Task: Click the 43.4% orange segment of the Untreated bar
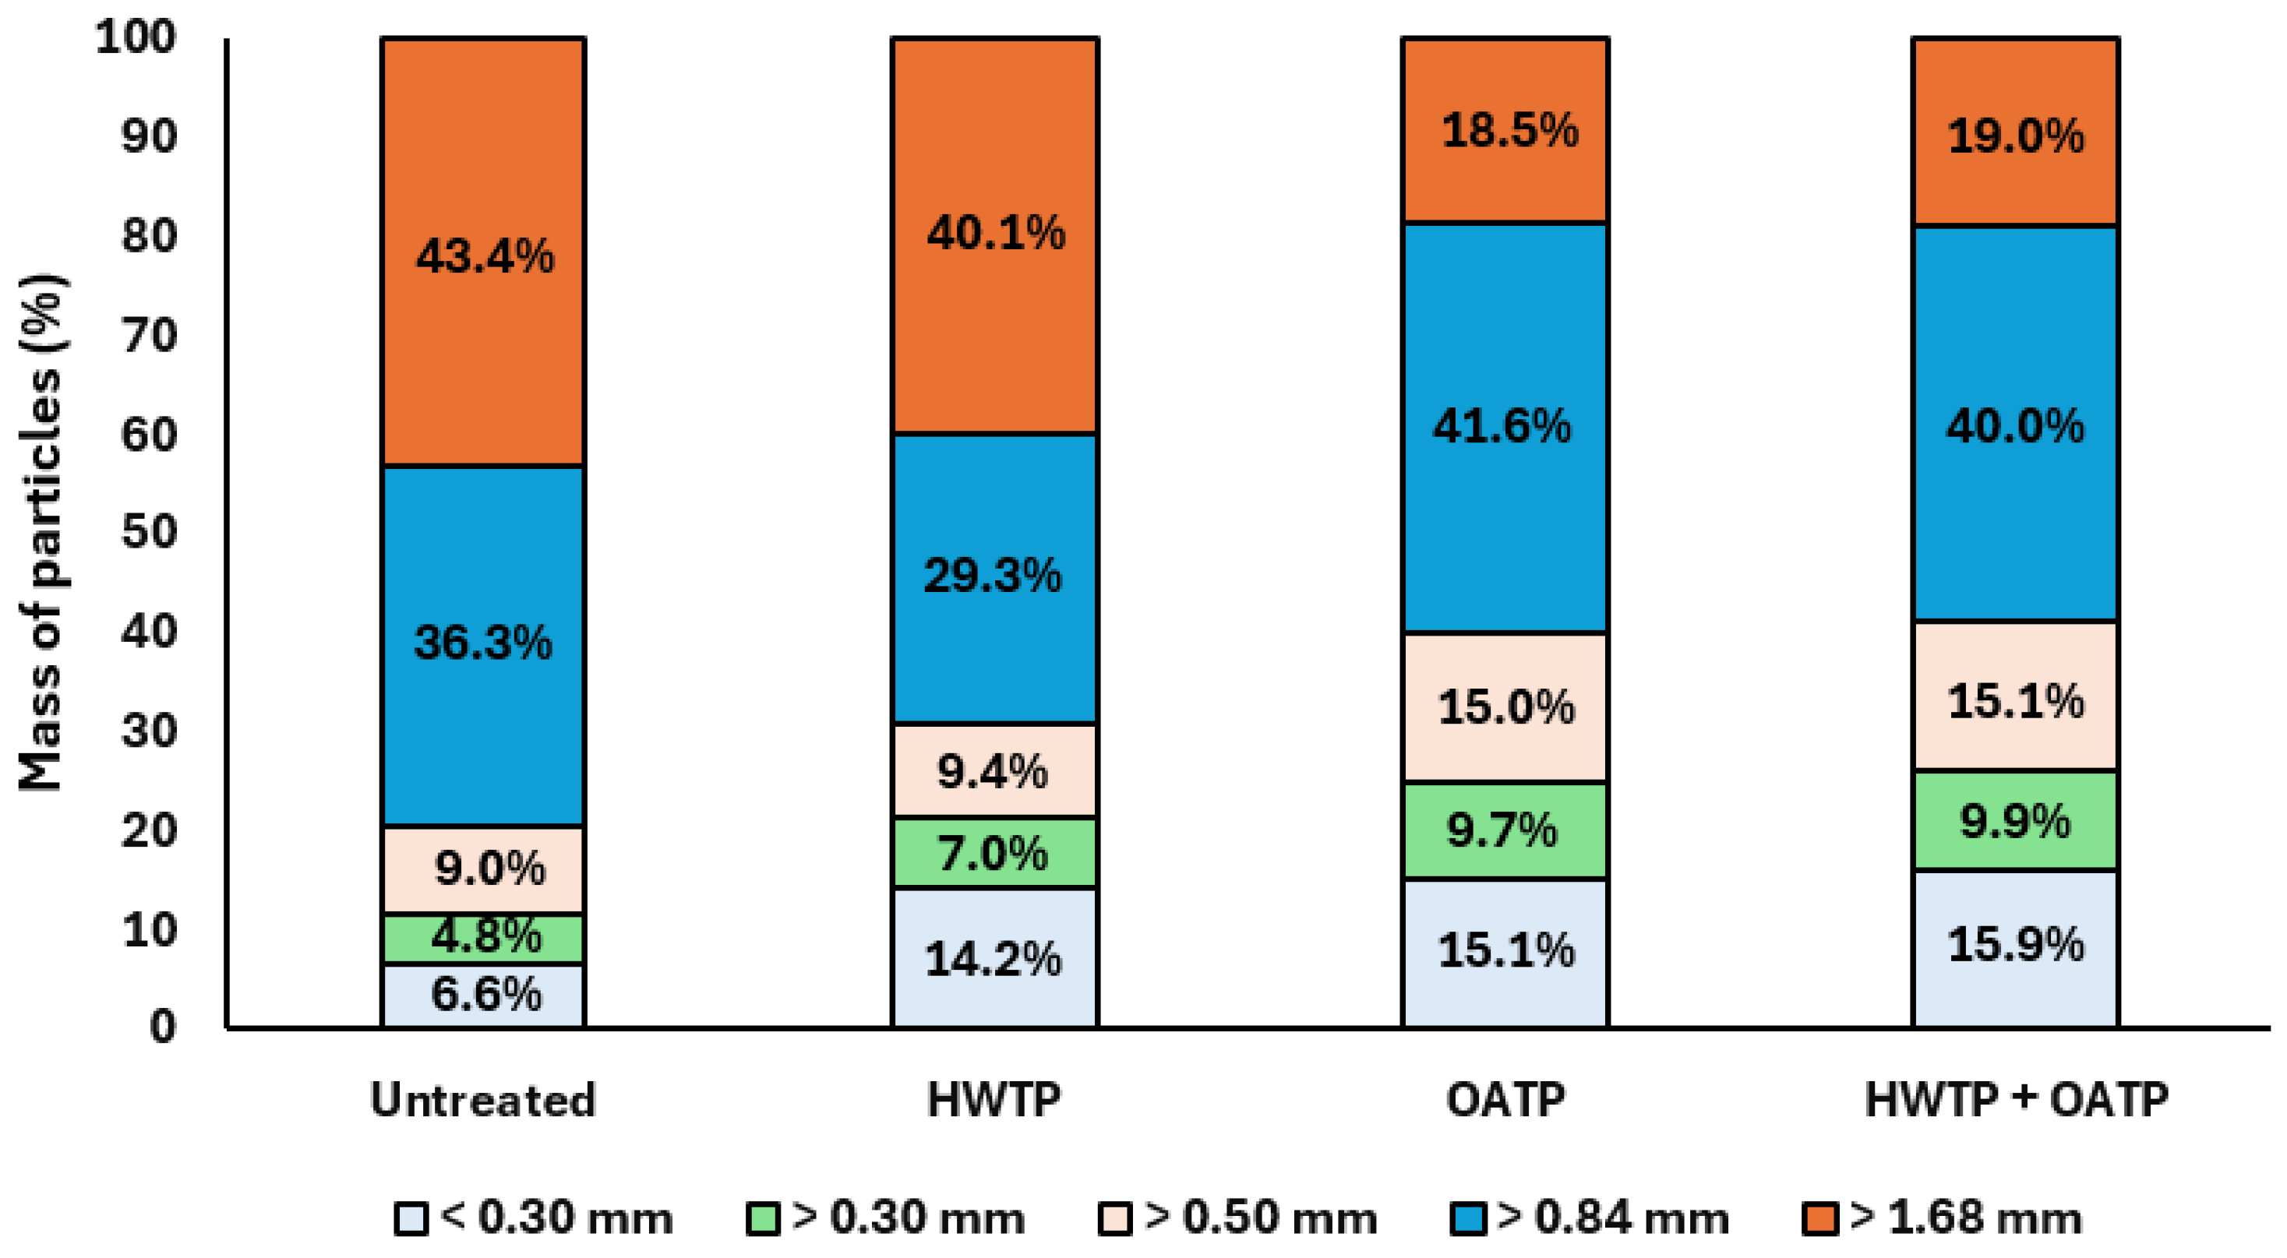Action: [483, 252]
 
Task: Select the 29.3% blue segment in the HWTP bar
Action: [994, 578]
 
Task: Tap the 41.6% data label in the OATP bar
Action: [1502, 426]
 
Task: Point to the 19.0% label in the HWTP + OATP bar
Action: [2015, 137]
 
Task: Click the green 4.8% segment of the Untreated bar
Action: [483, 939]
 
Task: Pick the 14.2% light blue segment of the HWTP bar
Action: [994, 958]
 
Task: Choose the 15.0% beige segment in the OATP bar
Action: [1505, 707]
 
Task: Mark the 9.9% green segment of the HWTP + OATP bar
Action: [2015, 820]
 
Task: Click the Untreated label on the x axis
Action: [483, 1100]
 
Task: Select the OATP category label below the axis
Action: [1505, 1100]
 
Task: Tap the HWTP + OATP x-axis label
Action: [2016, 1100]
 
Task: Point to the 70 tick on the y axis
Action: [149, 336]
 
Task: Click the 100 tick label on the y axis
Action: [136, 37]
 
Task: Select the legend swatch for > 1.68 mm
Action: [1820, 1219]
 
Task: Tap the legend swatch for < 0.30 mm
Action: [411, 1219]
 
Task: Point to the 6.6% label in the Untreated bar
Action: [485, 994]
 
